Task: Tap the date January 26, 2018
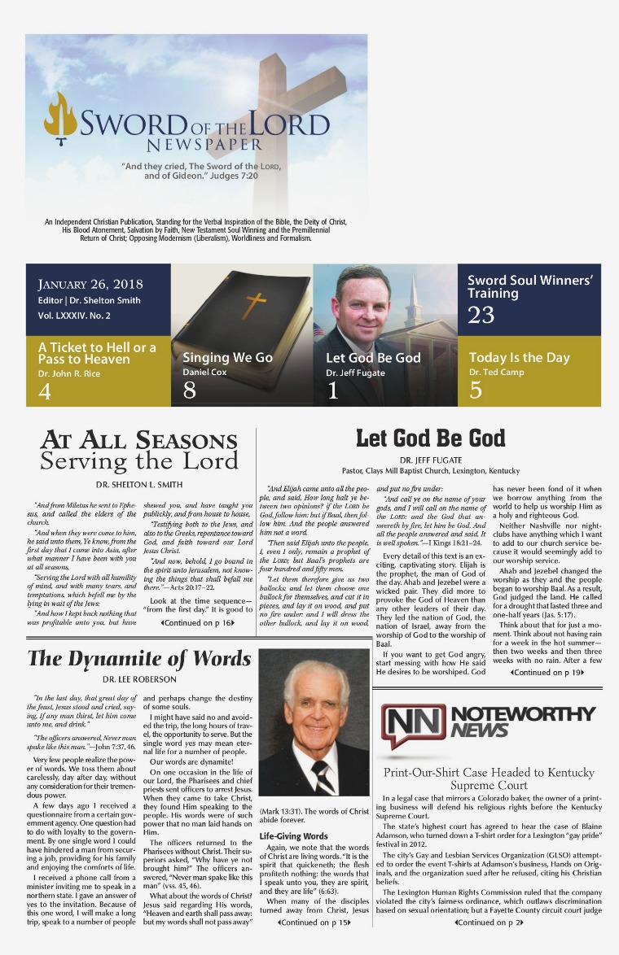click(90, 284)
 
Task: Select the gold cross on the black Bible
click(255, 304)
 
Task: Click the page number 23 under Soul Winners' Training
click(481, 314)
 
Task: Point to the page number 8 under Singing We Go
click(190, 391)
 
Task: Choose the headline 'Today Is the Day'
click(519, 358)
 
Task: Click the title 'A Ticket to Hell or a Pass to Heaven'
click(97, 353)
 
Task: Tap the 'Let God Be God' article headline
click(430, 439)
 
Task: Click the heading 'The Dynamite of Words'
click(139, 659)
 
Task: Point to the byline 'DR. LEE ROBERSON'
click(140, 679)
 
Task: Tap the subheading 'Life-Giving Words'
click(293, 836)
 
